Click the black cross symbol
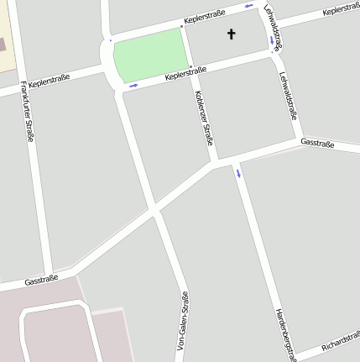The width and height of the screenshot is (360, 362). (232, 34)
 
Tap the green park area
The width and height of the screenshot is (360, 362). (149, 55)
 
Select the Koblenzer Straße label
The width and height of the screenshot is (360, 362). (204, 118)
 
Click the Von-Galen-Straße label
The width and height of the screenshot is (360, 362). (182, 320)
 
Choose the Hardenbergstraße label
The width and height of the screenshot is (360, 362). (286, 334)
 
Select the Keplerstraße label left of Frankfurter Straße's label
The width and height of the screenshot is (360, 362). (49, 81)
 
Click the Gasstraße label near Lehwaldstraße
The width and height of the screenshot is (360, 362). (317, 144)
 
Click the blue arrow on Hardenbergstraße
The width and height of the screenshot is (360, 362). (238, 174)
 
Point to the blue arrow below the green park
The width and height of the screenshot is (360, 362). (133, 85)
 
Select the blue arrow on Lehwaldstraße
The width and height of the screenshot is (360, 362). (271, 39)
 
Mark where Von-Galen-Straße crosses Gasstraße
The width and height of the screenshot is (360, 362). (155, 212)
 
